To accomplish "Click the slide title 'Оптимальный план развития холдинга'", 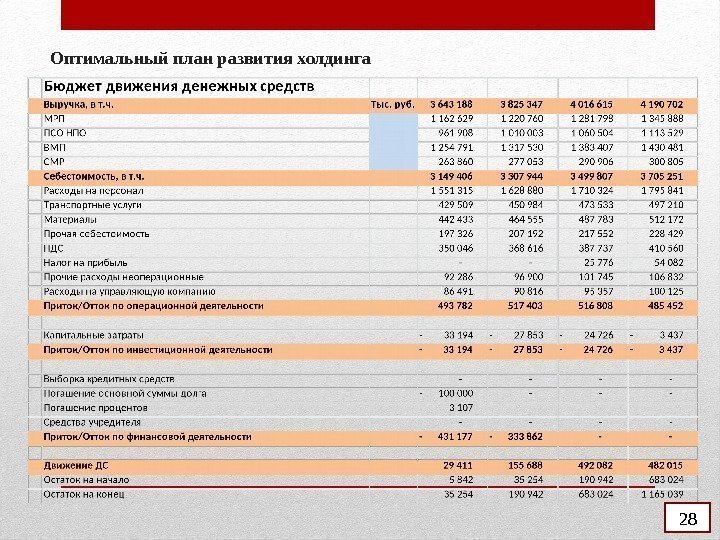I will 210,59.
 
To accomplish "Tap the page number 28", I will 687,519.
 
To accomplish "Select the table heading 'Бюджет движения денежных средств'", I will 178,85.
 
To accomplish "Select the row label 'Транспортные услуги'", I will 92,204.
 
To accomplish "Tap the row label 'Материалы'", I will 70,219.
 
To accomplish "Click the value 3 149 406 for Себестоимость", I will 451,175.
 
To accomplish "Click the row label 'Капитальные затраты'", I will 93,334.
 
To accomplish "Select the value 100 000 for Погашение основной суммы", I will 455,393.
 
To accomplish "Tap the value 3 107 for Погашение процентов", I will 461,408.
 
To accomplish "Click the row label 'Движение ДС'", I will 75,465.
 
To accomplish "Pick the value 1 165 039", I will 661,494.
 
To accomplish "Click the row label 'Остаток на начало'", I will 86,480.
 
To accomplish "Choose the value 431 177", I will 456,437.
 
